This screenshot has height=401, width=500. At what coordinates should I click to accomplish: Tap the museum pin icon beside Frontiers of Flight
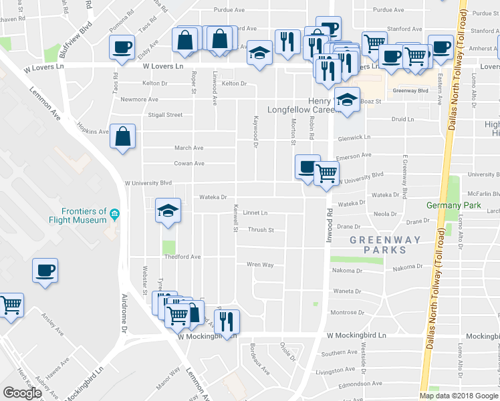(x=115, y=215)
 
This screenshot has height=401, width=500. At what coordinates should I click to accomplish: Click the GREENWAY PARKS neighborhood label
(x=386, y=245)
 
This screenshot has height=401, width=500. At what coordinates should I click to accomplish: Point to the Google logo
(x=23, y=392)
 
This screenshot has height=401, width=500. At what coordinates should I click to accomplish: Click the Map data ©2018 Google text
(x=459, y=395)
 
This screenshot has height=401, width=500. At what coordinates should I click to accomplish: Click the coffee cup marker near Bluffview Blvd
(x=122, y=47)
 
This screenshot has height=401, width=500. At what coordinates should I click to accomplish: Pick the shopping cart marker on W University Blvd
(x=326, y=174)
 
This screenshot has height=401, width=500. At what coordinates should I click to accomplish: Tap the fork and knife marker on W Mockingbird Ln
(x=227, y=322)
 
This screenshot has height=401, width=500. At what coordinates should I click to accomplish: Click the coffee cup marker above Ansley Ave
(x=45, y=271)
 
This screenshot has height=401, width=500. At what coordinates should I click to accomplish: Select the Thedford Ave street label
(x=182, y=257)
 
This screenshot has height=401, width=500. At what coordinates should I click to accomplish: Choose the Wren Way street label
(x=260, y=265)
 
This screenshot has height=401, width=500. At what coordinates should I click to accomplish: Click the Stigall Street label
(x=165, y=115)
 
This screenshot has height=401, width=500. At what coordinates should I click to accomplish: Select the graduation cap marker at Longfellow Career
(x=346, y=101)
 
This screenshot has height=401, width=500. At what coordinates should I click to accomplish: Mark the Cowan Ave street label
(x=189, y=163)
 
